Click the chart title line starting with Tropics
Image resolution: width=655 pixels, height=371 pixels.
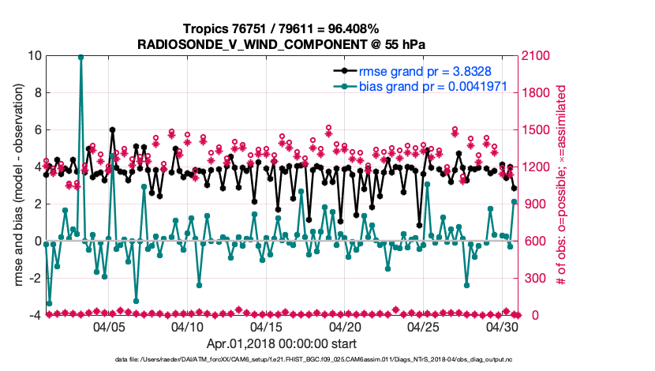[281, 29]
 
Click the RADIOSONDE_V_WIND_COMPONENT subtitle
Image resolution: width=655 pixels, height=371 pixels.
[281, 44]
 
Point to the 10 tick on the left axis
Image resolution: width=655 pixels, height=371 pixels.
[35, 56]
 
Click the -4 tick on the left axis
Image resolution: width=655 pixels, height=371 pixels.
[35, 316]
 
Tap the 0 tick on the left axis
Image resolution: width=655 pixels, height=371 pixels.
[37, 242]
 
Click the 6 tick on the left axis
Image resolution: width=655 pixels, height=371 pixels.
[37, 130]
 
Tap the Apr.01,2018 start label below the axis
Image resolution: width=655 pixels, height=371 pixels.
[281, 344]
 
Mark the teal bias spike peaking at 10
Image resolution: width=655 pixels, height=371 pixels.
[80, 57]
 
